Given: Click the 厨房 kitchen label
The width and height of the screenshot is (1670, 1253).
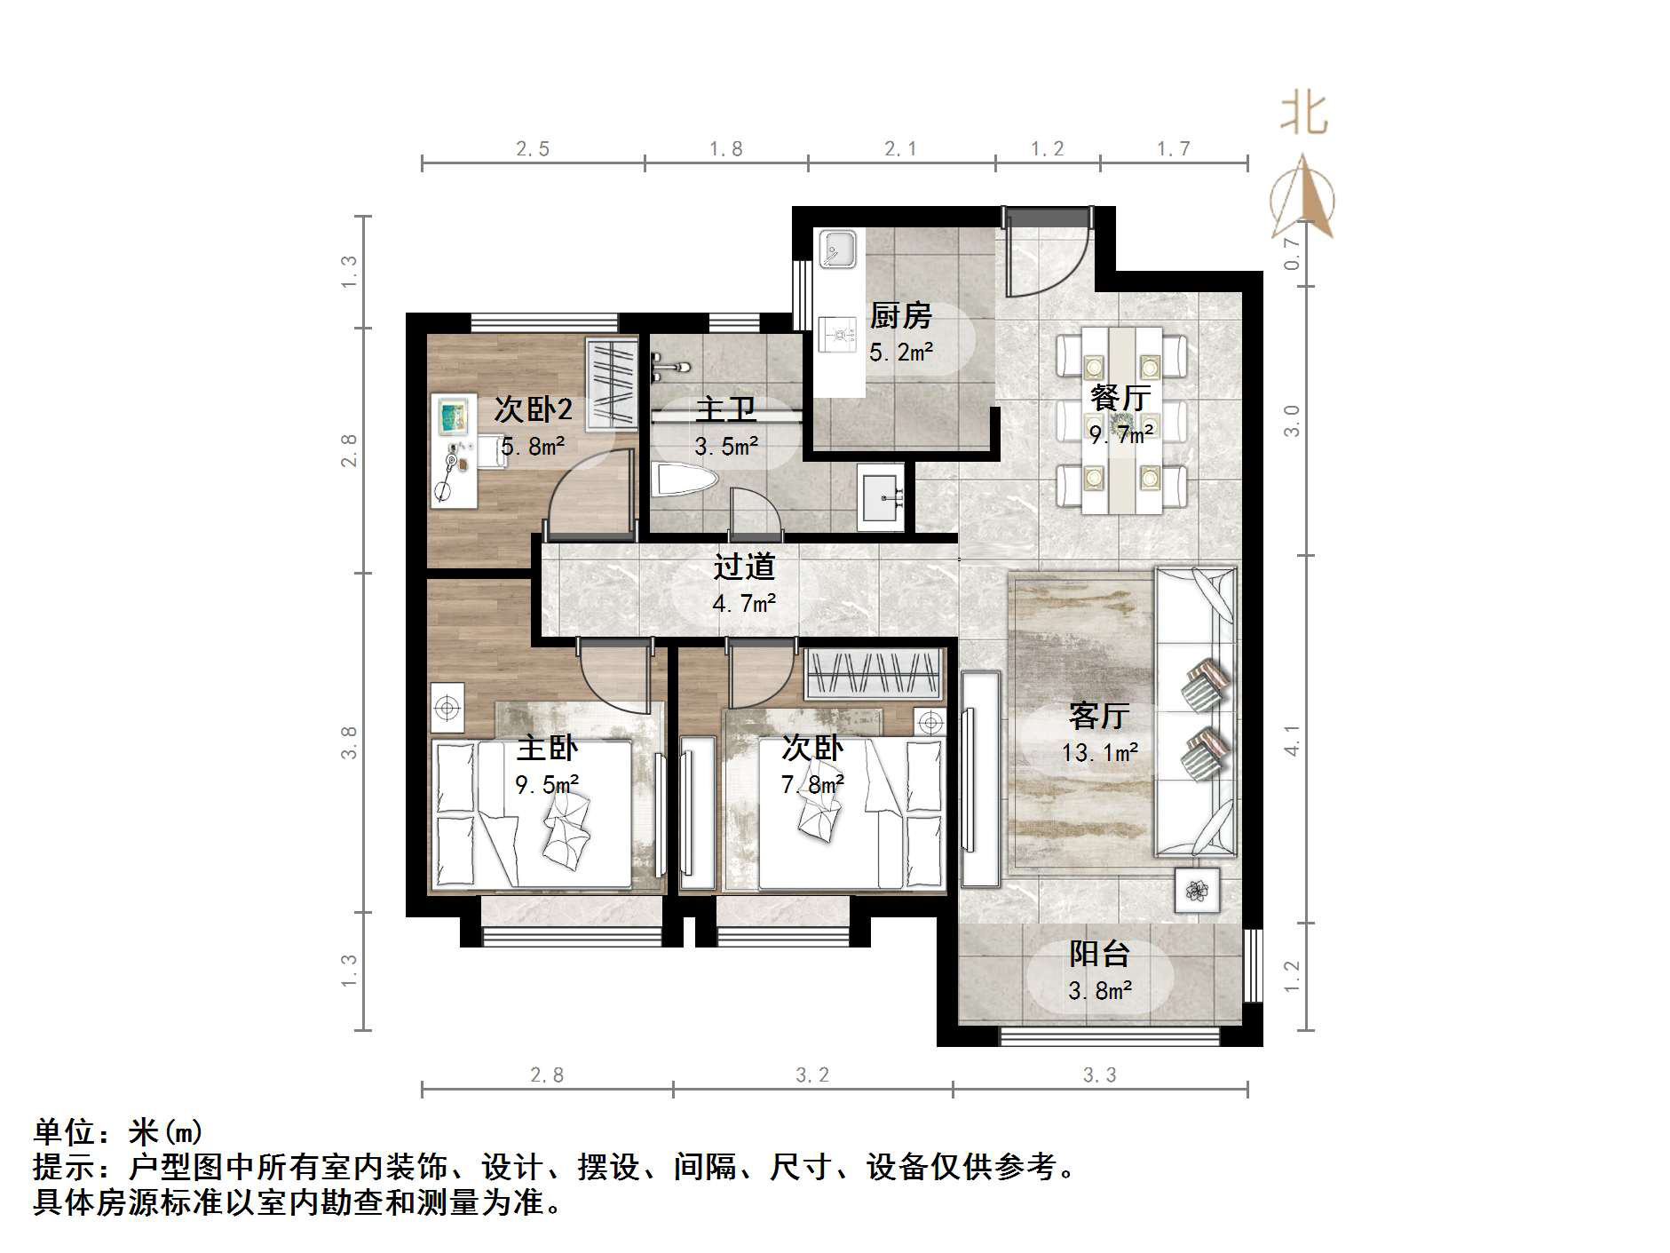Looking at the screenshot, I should click(900, 315).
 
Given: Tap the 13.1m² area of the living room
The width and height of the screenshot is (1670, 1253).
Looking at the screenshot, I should click(1099, 753).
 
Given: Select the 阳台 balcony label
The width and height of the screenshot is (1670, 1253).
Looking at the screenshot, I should click(1099, 954).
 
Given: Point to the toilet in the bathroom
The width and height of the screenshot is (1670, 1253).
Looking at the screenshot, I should click(684, 482).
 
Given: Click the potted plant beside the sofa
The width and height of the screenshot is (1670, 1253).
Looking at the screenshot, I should click(1197, 890).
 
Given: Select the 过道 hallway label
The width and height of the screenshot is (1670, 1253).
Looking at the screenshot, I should click(744, 567).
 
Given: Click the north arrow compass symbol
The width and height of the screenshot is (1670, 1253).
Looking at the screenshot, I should click(1302, 200).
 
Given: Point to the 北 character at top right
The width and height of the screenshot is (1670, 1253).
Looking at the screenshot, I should click(1303, 115).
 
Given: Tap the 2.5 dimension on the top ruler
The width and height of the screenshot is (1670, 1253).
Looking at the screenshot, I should click(533, 148).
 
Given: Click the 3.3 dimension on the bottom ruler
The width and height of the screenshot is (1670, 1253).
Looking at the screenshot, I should click(1099, 1075).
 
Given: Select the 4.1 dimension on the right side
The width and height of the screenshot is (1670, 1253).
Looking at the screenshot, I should click(1292, 740).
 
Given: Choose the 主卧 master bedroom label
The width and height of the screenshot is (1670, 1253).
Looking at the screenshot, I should click(547, 748).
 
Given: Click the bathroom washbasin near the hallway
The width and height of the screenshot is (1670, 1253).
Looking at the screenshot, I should click(881, 500).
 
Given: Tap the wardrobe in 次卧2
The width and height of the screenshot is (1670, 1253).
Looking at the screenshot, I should click(611, 381).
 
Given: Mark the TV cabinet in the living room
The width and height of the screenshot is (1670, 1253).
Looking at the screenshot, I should click(979, 778).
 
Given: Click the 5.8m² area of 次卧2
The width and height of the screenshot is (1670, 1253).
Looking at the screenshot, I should click(533, 447).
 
